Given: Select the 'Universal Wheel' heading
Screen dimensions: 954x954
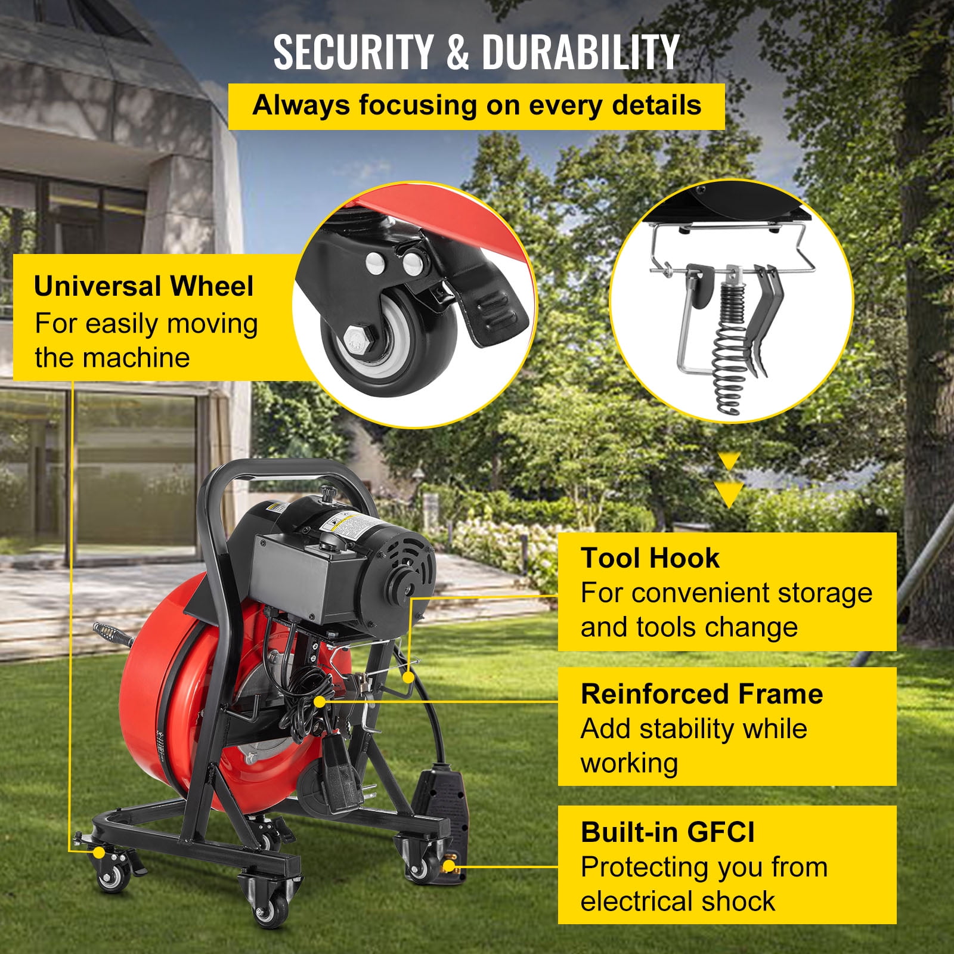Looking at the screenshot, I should [x=144, y=286].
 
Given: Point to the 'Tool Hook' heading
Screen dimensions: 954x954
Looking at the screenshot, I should [x=650, y=558].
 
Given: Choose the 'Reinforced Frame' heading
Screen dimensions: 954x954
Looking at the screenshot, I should [x=702, y=694].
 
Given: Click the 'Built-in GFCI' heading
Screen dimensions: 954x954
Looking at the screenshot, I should [x=667, y=832].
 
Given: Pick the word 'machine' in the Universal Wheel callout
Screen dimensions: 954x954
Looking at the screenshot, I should [x=136, y=358].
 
